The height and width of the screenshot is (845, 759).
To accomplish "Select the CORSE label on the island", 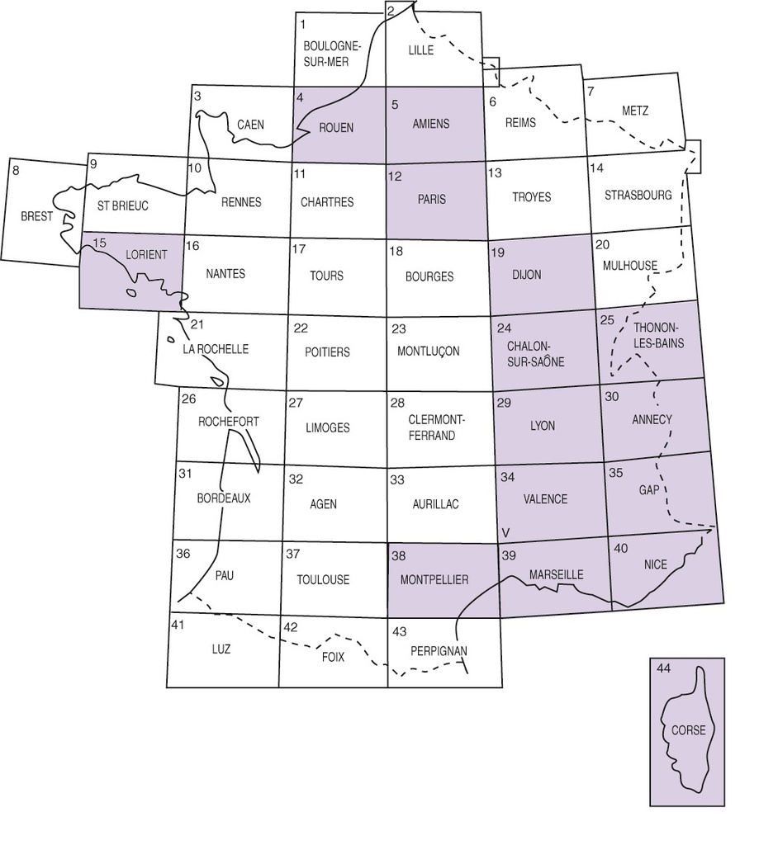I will [688, 730].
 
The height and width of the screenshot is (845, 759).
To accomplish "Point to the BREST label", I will [37, 216].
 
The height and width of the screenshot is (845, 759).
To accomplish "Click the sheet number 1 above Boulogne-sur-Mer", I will [303, 24].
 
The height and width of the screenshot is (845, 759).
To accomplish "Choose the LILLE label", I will [420, 50].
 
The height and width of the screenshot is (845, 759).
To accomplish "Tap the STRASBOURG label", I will [638, 196].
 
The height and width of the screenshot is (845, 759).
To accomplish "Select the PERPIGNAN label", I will [439, 650].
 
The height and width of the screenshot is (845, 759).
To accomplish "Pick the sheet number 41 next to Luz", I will [177, 626].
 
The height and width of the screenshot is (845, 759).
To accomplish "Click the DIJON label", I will [526, 275].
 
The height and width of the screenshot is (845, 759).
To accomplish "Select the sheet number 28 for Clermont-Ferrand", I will [397, 403].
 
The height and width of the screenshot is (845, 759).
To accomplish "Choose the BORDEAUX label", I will [223, 498].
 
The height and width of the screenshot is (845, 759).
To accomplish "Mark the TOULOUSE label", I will [323, 580].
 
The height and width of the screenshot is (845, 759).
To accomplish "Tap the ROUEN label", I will [335, 127].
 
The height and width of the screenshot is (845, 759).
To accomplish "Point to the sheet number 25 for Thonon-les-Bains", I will [607, 319].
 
